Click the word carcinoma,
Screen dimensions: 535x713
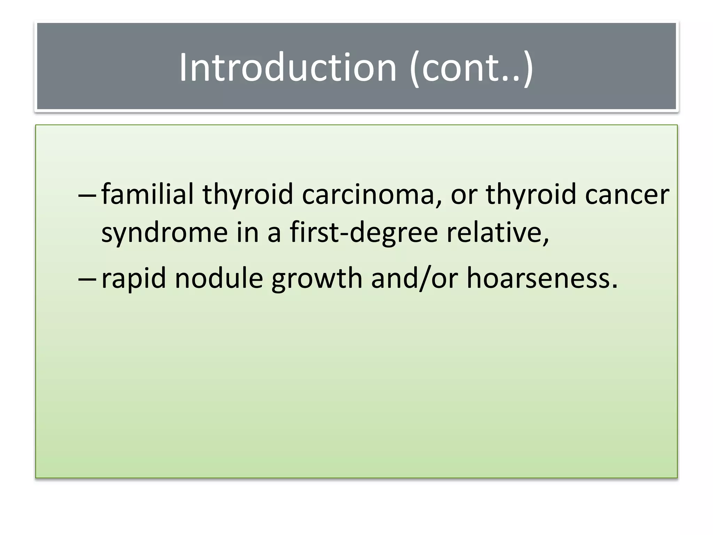pos(372,195)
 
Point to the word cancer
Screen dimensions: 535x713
pos(627,195)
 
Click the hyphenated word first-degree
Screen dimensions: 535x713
pos(364,233)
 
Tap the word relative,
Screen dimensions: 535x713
pos(498,233)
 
